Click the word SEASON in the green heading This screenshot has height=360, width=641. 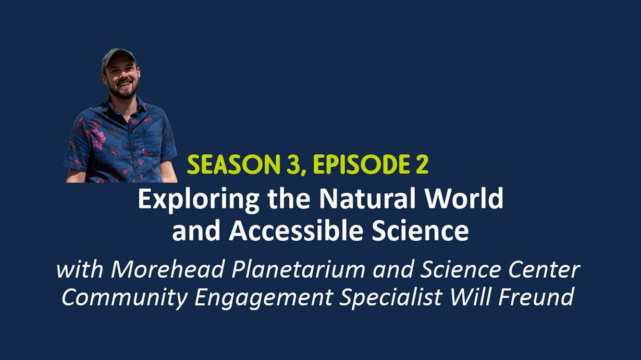233,165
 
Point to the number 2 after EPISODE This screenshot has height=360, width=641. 421,165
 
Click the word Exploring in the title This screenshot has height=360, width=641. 199,200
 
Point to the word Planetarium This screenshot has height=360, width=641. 298,270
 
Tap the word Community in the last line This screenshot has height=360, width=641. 125,297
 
